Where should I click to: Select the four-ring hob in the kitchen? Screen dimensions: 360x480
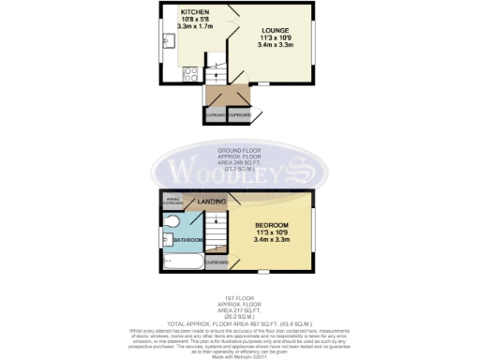(191, 72)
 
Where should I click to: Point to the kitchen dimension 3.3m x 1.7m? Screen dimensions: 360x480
(195, 27)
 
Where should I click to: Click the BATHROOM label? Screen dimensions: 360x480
(188, 241)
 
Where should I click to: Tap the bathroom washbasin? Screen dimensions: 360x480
(169, 238)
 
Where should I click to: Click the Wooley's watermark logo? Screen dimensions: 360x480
(240, 172)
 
